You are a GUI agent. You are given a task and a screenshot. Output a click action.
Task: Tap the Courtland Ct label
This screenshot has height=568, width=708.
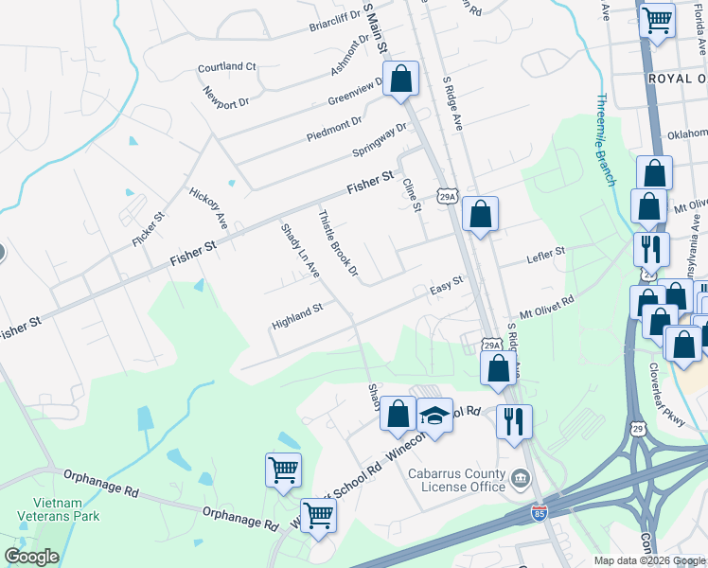click(x=227, y=67)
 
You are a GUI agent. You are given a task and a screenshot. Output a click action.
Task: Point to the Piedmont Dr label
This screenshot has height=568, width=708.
click(x=333, y=129)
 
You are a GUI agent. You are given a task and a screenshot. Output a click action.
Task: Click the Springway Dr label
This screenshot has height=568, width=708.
click(x=379, y=141)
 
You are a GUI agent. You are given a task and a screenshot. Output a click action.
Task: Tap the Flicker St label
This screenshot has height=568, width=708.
click(x=149, y=228)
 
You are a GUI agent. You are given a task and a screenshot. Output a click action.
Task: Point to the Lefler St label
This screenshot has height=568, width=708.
click(x=545, y=255)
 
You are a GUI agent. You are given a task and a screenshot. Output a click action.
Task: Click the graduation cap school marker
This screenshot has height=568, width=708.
click(x=434, y=417)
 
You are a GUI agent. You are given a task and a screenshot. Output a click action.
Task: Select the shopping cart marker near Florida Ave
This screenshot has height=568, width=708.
click(x=657, y=19)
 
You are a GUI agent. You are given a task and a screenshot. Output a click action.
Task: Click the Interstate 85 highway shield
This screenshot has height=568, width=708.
click(x=540, y=513)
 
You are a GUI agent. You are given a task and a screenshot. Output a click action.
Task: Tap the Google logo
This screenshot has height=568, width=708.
click(x=32, y=557)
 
